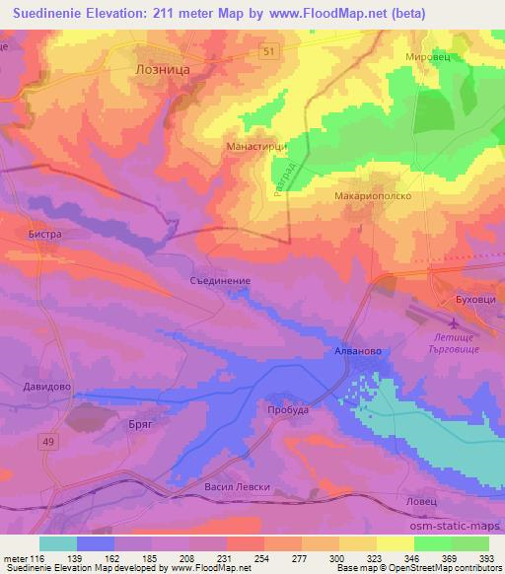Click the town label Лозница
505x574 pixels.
coord(162,71)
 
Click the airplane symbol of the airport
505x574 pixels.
coord(454,324)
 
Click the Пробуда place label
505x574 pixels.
coord(288,409)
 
